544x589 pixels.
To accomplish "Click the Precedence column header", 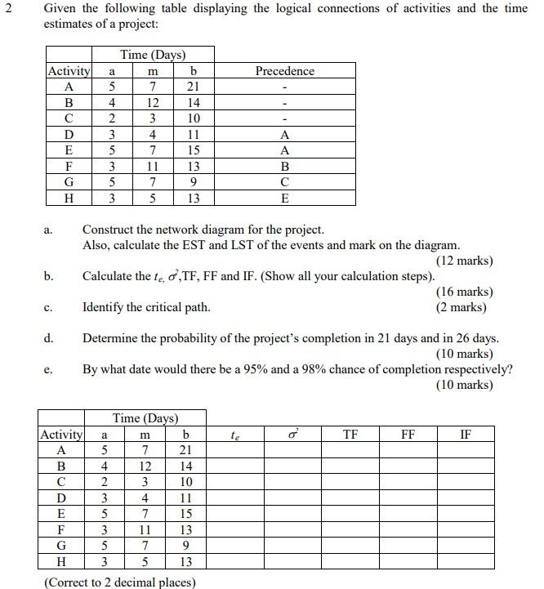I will pos(284,71).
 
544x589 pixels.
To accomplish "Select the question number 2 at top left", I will pos(7,9).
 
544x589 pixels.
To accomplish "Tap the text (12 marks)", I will pos(465,261).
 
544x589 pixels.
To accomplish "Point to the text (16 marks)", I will pos(465,292).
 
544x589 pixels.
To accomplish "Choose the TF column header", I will pos(350,435).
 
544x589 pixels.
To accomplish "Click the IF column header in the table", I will pos(465,435).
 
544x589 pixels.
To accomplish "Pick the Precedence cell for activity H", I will pos(284,199).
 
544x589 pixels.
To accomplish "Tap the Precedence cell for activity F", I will pos(284,167).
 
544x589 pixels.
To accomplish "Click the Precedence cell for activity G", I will pos(284,182).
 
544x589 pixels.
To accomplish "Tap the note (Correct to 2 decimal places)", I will pos(119,582).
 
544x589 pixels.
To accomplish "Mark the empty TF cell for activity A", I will pos(350,451).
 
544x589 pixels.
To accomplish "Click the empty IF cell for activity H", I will pos(465,561).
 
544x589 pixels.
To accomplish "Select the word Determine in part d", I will pos(111,338).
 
